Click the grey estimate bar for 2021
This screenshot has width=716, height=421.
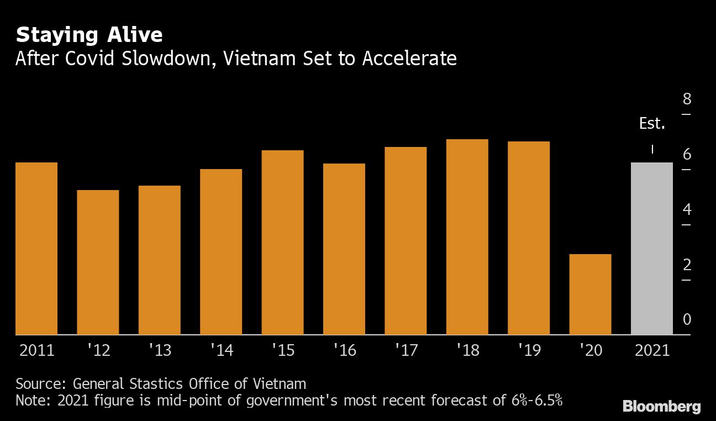(651, 249)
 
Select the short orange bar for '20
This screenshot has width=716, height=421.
(590, 294)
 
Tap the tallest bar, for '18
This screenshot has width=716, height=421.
(467, 237)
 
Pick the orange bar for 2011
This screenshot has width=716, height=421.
(36, 249)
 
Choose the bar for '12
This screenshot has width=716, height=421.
(98, 262)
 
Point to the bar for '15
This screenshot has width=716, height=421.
(282, 243)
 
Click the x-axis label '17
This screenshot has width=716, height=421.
(406, 350)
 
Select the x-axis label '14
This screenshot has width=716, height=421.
(221, 350)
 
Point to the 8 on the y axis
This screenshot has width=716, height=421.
(687, 99)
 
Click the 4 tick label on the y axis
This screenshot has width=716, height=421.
(687, 210)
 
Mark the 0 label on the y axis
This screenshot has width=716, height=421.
(687, 320)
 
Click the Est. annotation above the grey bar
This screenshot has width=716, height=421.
(652, 124)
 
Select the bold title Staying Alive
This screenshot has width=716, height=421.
(89, 35)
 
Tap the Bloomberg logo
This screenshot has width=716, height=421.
(661, 407)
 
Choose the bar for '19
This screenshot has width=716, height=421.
(529, 238)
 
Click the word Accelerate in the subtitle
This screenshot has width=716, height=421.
(409, 59)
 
